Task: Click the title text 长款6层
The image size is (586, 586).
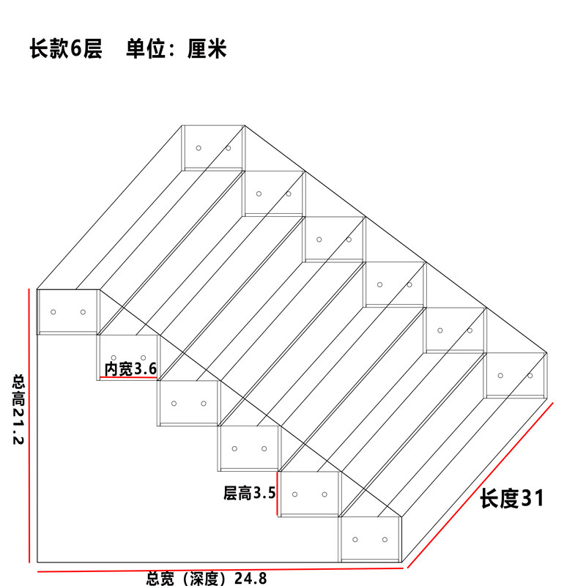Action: coord(66,48)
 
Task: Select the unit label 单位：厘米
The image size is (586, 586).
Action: coord(177,48)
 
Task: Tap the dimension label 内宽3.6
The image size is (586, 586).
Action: coord(130,369)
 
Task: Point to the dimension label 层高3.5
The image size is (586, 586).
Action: coord(249,493)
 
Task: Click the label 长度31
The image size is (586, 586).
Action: coord(511,498)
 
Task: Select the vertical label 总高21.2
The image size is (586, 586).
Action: coord(18,409)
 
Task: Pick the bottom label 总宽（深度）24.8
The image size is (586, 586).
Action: coord(207,579)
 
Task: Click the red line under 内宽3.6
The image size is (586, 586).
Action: coord(128,377)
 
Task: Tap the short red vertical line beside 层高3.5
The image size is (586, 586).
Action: coord(277,493)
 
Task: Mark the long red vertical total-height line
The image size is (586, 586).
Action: coord(29,426)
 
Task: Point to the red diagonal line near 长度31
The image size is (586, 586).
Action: coord(481,485)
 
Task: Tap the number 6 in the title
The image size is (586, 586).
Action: coord(76,48)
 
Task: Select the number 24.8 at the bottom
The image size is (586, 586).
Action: coord(251,579)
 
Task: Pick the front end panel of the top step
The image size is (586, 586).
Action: coord(67,311)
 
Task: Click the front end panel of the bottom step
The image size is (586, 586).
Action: coord(370,539)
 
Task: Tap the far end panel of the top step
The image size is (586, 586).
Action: coord(213,148)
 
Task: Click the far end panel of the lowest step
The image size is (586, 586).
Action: coord(516,375)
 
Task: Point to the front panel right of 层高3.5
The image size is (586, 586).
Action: coord(309,494)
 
